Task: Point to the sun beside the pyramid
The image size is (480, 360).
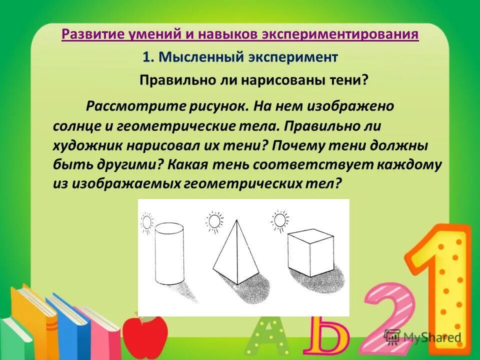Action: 215,220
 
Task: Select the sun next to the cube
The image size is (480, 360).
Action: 280,220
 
